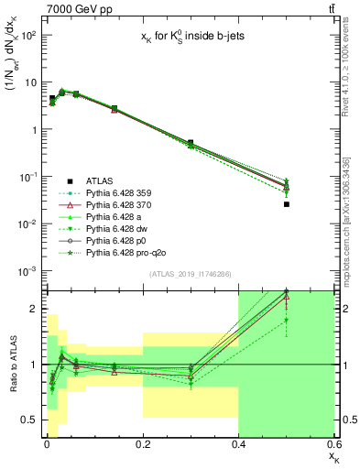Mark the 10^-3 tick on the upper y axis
point(27,271)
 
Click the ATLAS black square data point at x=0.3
point(191,143)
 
